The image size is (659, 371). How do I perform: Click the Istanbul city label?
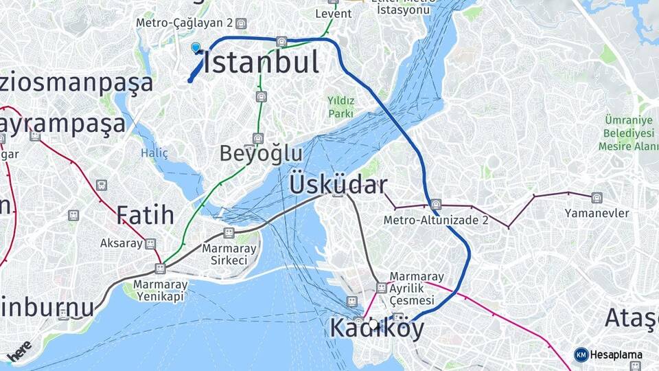[262, 63]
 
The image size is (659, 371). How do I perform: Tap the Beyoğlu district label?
[261, 153]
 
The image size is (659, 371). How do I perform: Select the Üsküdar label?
[338, 185]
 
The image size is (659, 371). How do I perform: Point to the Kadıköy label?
[376, 328]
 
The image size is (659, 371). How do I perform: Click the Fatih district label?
[145, 215]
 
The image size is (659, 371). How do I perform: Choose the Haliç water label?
[154, 153]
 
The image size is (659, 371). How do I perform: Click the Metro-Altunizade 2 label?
[436, 220]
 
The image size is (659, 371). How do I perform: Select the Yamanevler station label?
[597, 213]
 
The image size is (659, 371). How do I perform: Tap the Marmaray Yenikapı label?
[160, 290]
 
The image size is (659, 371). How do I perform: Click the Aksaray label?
[122, 243]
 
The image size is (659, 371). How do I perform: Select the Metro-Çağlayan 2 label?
[185, 23]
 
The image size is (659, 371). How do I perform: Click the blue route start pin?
[196, 47]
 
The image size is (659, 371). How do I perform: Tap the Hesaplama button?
[609, 355]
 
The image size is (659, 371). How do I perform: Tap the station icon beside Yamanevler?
[597, 198]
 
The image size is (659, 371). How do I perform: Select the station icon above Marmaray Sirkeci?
[229, 234]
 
